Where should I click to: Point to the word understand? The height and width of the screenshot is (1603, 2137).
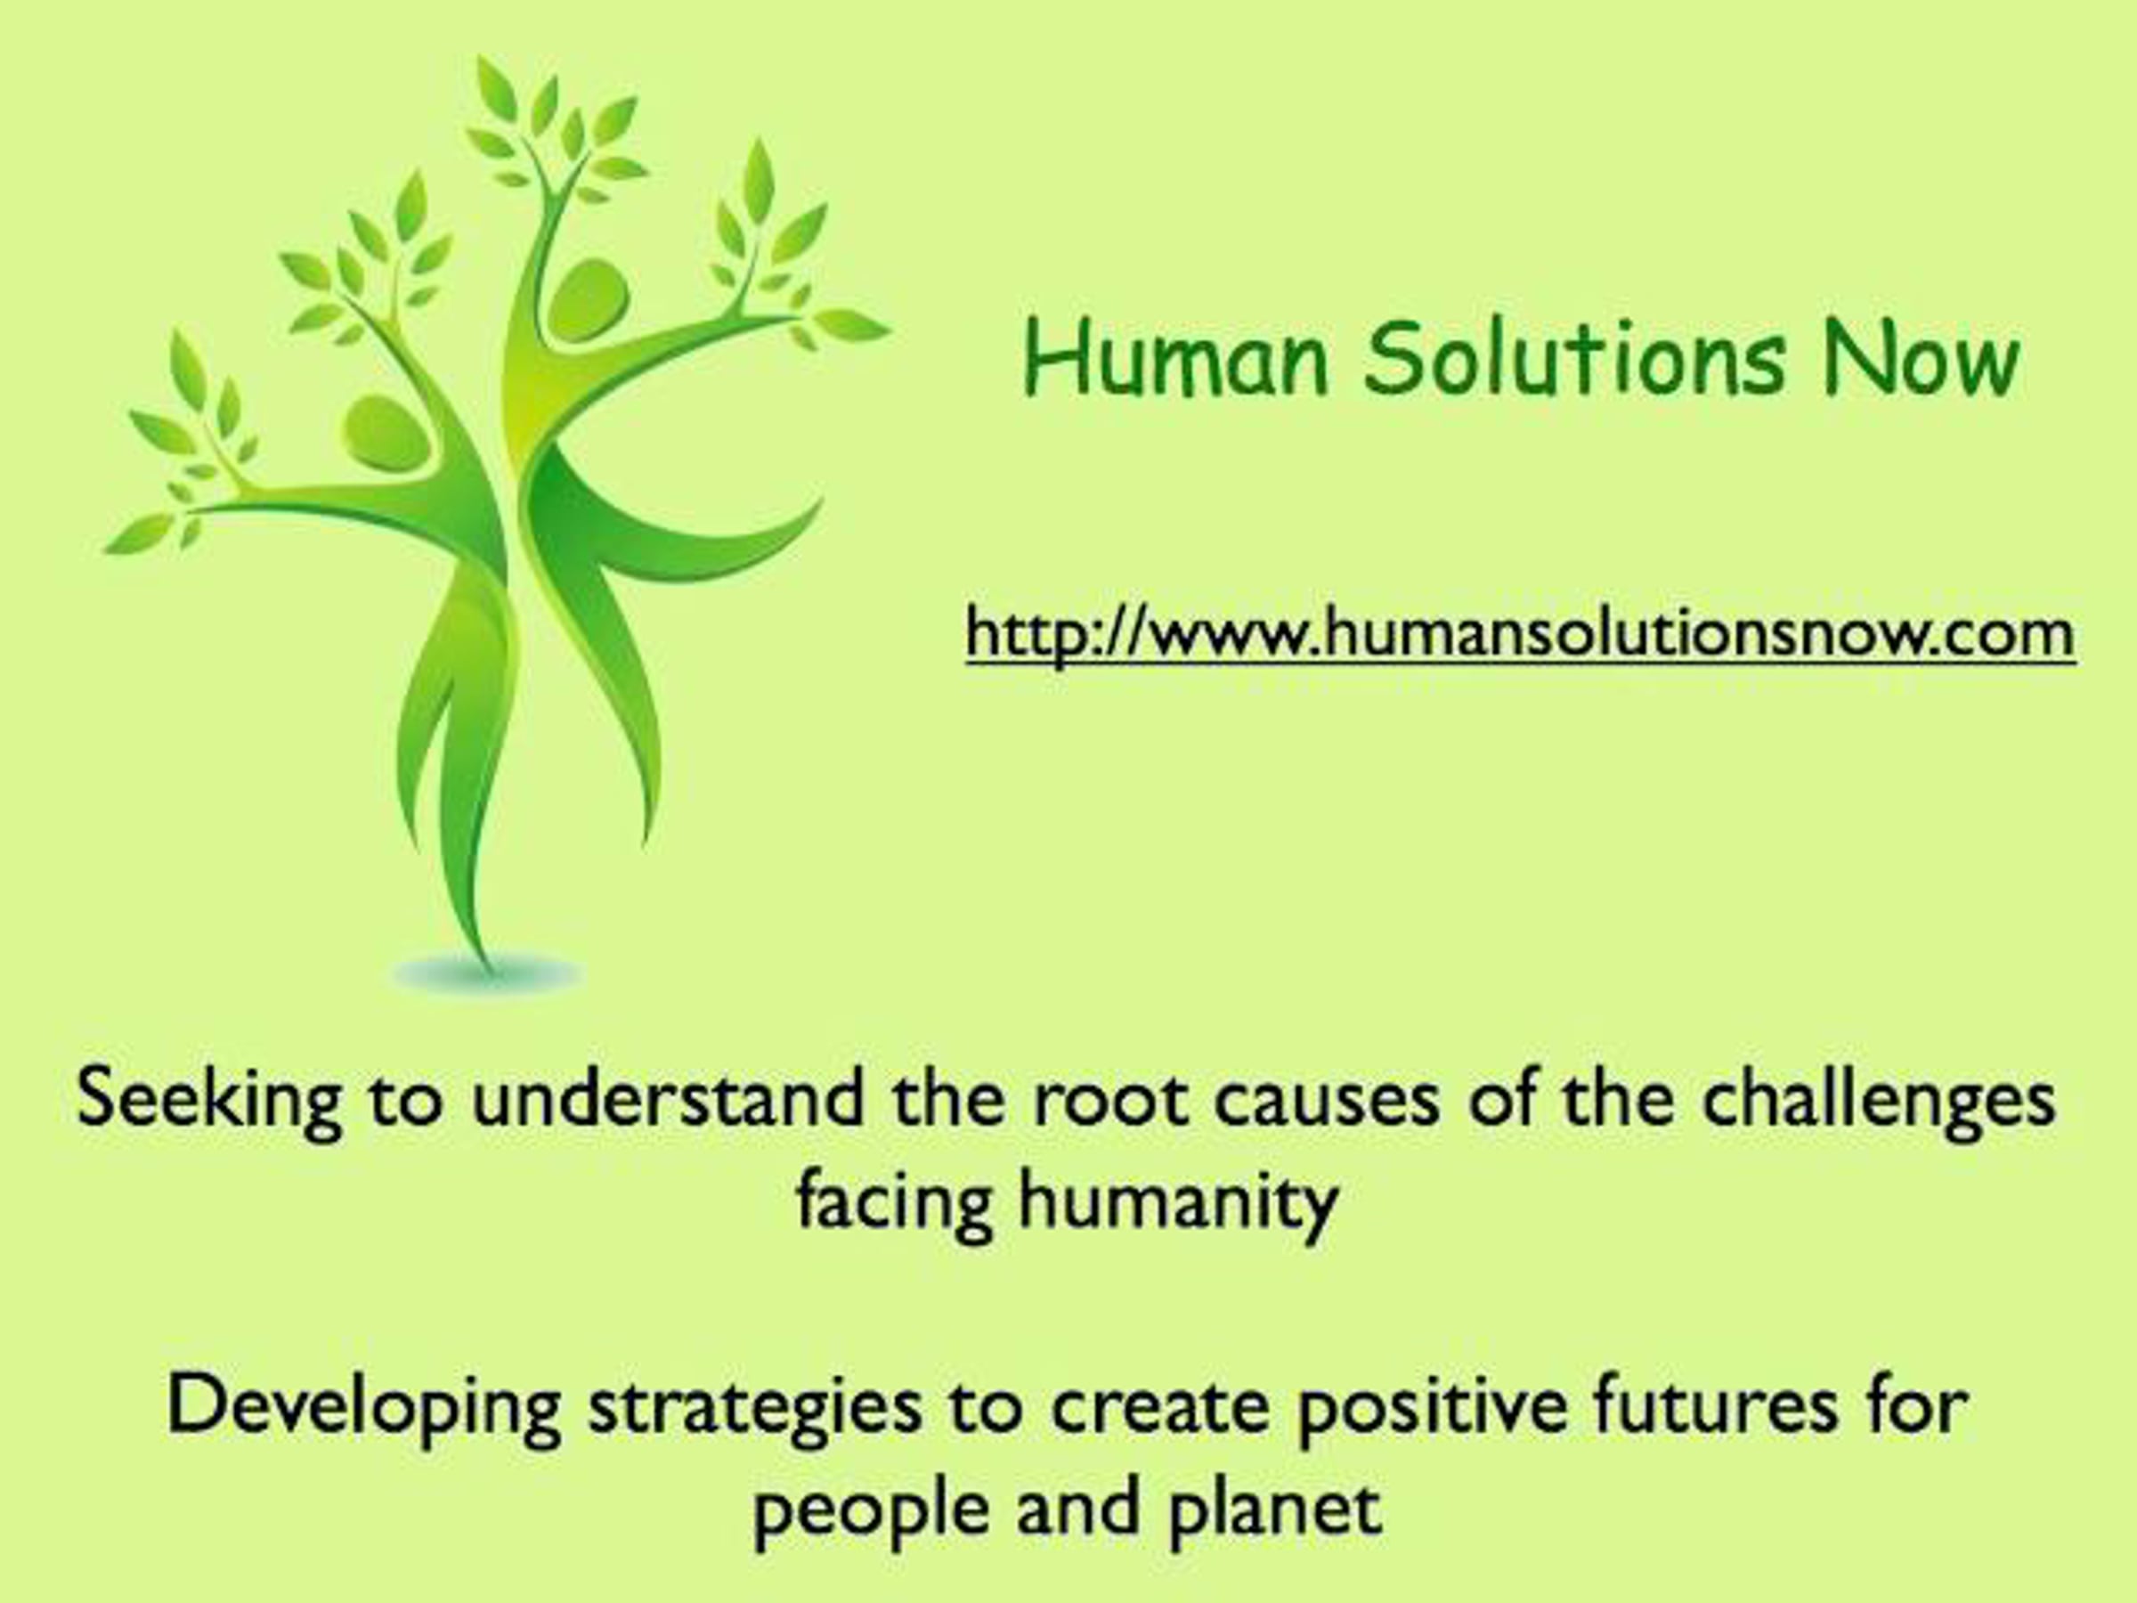(668, 1099)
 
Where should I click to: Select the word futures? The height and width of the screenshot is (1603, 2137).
(1716, 1408)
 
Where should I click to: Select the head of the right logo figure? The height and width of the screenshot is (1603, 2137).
(588, 300)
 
